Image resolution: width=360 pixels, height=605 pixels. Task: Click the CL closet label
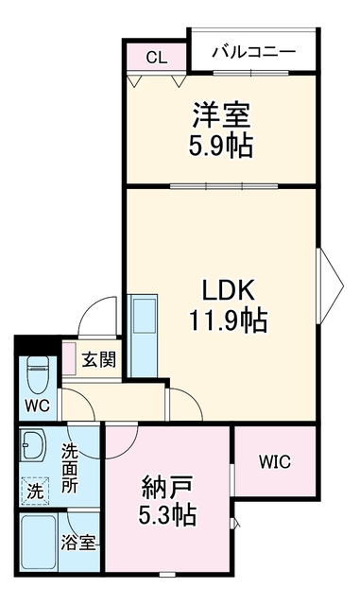coord(157,58)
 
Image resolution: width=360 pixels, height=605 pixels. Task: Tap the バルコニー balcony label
coord(253,51)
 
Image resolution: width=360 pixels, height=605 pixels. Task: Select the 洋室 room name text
coord(221,115)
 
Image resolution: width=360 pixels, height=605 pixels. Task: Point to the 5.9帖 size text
coord(221,146)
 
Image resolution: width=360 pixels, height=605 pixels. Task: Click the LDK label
coord(228,290)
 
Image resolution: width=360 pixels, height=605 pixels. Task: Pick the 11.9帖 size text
coord(228,320)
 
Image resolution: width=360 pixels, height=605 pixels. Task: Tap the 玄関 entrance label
coord(98,359)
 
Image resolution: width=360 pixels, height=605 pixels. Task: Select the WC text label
coord(37,406)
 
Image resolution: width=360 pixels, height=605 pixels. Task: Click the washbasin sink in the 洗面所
coord(34,445)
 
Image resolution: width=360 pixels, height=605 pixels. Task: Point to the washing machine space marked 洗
coord(35,492)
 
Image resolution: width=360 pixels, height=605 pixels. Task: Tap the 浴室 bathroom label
coord(77,543)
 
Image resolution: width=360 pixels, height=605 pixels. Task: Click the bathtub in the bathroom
coord(38,542)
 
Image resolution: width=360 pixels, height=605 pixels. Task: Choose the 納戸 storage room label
coord(167,488)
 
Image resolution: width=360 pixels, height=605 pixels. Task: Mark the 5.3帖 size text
coord(167,514)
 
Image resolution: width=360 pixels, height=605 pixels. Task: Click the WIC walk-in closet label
coord(275,461)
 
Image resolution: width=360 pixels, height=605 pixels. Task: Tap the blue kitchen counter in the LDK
coord(143,336)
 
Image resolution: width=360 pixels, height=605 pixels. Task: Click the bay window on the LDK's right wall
coord(330,285)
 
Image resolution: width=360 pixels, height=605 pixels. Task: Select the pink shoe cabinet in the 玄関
coord(70,358)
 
